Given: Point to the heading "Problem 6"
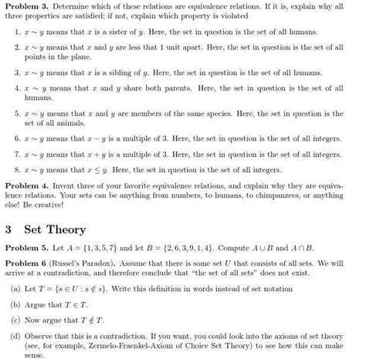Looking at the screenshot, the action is [23, 264].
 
